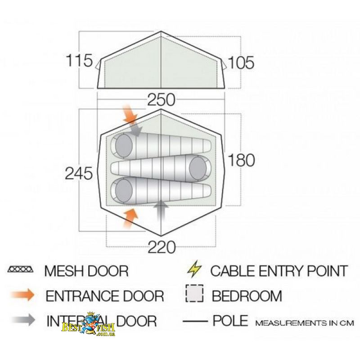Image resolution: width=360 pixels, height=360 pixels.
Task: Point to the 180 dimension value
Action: (242, 160)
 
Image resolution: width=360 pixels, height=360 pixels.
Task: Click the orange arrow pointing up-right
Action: (130, 218)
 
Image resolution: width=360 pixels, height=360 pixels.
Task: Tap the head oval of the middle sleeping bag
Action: (198, 167)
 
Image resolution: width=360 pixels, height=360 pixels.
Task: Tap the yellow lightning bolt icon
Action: (194, 270)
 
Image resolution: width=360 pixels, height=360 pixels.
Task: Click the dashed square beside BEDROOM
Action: (194, 295)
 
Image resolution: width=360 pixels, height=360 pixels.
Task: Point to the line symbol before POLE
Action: (195, 321)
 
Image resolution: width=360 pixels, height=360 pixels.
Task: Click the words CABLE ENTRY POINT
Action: (279, 271)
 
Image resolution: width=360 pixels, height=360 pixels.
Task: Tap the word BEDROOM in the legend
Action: (247, 296)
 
